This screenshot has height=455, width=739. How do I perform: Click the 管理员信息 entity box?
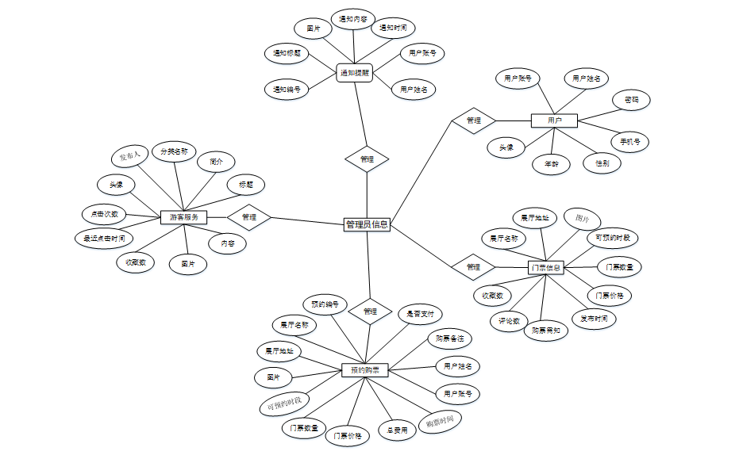(x=367, y=224)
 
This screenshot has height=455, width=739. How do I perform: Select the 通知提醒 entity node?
(x=354, y=73)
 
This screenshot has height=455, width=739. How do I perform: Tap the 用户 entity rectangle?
(x=554, y=120)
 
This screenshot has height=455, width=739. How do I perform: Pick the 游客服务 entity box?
(x=184, y=216)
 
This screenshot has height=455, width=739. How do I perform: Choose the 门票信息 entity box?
(x=545, y=267)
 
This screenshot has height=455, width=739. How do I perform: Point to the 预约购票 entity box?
(x=364, y=369)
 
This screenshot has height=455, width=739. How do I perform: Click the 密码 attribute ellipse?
(x=631, y=101)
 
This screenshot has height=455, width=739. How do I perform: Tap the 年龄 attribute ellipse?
(x=551, y=164)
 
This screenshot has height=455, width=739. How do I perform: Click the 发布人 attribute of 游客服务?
(x=129, y=155)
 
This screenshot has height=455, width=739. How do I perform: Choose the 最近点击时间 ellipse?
(x=103, y=238)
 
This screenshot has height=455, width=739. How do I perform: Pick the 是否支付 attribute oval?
(x=420, y=315)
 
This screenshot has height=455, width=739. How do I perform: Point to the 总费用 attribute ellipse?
(x=397, y=430)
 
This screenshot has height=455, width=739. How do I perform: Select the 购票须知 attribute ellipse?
(x=546, y=331)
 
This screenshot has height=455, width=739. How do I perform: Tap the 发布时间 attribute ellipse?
(x=594, y=319)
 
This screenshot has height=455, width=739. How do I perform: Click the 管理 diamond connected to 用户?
(x=474, y=120)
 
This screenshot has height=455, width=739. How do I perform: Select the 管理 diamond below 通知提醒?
(x=367, y=159)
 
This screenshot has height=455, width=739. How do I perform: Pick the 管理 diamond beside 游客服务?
(x=249, y=216)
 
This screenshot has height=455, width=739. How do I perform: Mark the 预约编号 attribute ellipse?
(x=325, y=304)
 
